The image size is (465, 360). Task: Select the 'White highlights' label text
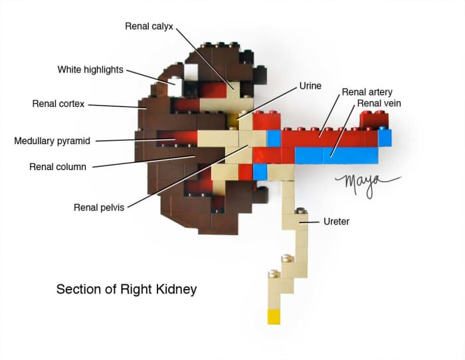pyautogui.click(x=90, y=70)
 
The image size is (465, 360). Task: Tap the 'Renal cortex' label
pyautogui.click(x=57, y=104)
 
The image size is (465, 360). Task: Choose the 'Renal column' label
pyautogui.click(x=58, y=167)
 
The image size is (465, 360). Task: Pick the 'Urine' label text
pyautogui.click(x=310, y=86)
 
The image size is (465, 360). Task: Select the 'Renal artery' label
pyautogui.click(x=367, y=92)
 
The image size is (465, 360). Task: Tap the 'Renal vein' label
pyautogui.click(x=379, y=104)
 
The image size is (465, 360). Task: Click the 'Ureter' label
pyautogui.click(x=335, y=221)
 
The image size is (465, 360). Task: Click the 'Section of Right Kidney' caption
pyautogui.click(x=126, y=290)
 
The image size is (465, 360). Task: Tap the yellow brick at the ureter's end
pyautogui.click(x=274, y=316)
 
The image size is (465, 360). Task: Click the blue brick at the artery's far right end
pyautogui.click(x=385, y=137)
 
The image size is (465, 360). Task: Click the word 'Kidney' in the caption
pyautogui.click(x=178, y=290)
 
